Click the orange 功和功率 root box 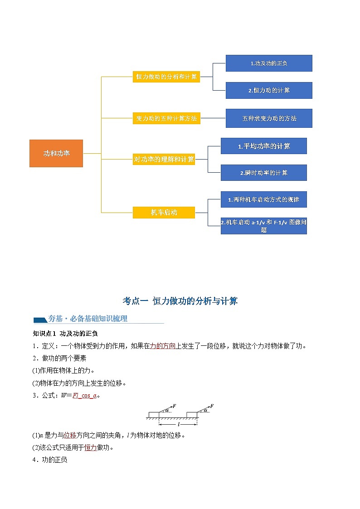point(56,153)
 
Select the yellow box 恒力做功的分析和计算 point(166,77)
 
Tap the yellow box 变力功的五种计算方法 point(166,118)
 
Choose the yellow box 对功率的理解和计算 point(164,159)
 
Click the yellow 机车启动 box point(164,212)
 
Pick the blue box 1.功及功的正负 point(269,63)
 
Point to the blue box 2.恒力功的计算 point(269,90)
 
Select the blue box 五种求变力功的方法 point(269,118)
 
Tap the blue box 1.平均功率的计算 point(263,146)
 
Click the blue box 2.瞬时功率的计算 point(263,173)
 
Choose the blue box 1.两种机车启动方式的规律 point(263,199)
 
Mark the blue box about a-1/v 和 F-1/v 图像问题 point(263,226)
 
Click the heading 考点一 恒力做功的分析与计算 point(180,301)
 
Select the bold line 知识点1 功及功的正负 point(57,334)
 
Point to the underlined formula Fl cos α point(84,396)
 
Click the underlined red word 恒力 point(91,448)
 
